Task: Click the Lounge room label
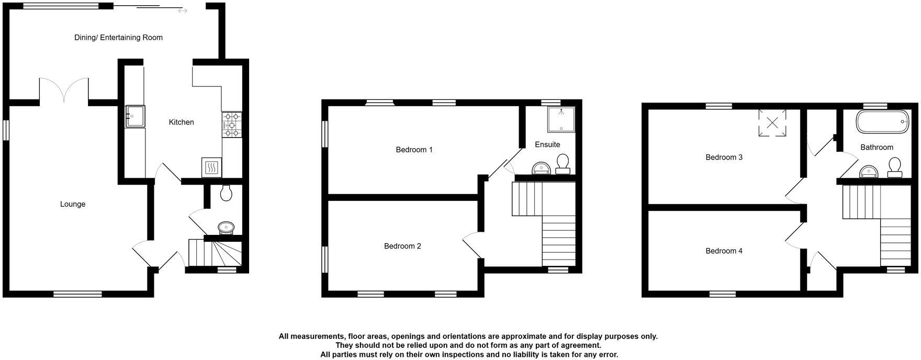(x=73, y=204)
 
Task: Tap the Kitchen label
(x=181, y=122)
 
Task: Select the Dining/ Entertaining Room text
(x=118, y=37)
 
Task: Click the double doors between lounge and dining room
(x=64, y=90)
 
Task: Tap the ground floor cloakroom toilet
(x=227, y=194)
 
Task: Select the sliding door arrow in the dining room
(x=182, y=10)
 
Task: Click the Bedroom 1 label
(x=414, y=150)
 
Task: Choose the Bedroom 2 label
(x=402, y=246)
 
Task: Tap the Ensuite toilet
(x=563, y=163)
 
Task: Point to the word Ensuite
(x=547, y=144)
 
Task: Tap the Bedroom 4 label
(x=724, y=251)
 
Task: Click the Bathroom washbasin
(x=869, y=171)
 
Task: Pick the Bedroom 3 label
(x=724, y=157)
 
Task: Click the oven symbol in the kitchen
(x=211, y=167)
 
